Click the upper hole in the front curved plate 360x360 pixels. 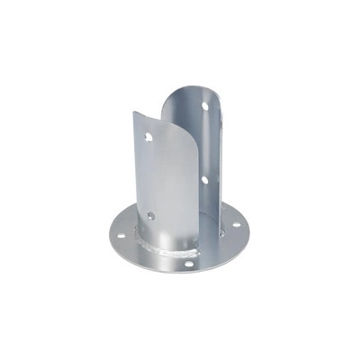pos(148,136)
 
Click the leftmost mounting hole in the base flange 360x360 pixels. pos(121,237)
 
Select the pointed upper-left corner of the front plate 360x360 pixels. pos(135,113)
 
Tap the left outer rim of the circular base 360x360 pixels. pos(107,235)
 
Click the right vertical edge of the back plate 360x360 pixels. pos(219,162)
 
